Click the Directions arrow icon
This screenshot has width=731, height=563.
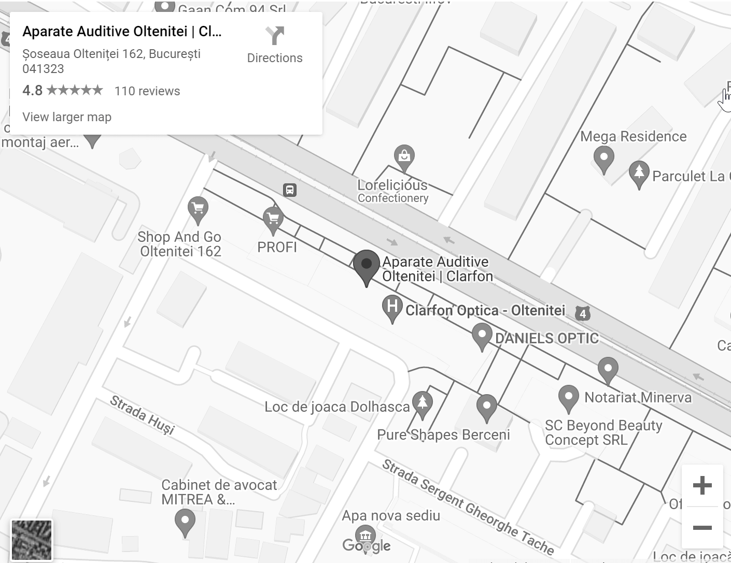click(275, 36)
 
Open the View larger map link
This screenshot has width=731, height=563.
click(67, 117)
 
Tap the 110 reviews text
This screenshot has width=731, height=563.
click(147, 91)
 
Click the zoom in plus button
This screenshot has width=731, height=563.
click(702, 485)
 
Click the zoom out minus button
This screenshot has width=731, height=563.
click(702, 528)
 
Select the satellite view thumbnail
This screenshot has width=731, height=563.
click(32, 540)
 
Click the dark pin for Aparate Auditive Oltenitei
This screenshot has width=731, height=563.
click(367, 266)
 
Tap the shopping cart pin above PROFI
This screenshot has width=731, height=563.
click(273, 219)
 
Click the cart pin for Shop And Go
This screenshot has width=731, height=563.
click(198, 209)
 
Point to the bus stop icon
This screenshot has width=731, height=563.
click(290, 190)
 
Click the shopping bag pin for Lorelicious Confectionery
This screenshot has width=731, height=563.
click(404, 156)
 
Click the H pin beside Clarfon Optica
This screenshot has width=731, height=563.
click(392, 307)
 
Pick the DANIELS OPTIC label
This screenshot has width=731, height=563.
click(546, 339)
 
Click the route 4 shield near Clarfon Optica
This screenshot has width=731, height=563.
click(583, 313)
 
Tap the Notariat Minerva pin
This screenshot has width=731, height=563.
click(569, 397)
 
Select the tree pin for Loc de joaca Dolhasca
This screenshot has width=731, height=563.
click(423, 402)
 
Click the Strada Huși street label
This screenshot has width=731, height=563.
click(142, 415)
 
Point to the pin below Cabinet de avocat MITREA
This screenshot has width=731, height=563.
click(185, 521)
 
